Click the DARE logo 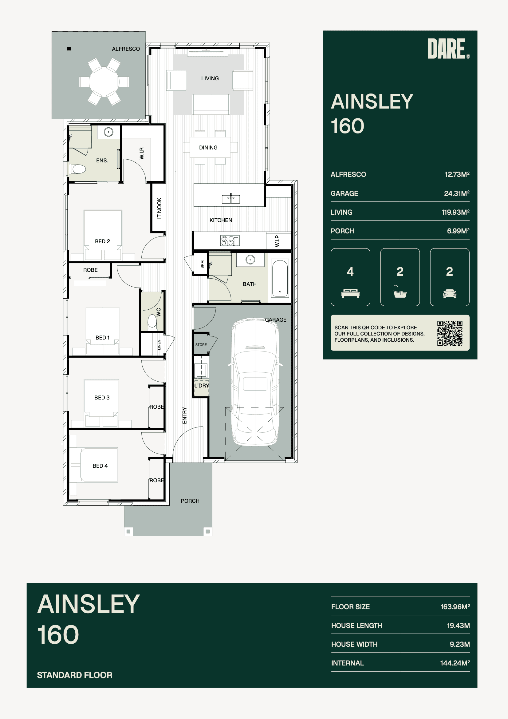tap(448, 49)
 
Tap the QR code tap(450, 333)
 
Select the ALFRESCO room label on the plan tap(126, 49)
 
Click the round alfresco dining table tap(104, 81)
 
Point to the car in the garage tap(255, 382)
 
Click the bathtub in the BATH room tap(280, 278)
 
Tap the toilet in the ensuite tap(78, 169)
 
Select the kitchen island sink tap(231, 199)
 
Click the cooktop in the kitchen tap(230, 240)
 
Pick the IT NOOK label tap(159, 208)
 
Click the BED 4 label tap(100, 466)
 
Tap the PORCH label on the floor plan tap(190, 501)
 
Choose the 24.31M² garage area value tap(457, 193)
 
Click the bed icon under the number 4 tap(350, 293)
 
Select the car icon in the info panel tap(450, 293)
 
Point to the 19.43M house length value tap(458, 626)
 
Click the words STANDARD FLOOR tap(74, 675)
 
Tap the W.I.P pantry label tap(277, 241)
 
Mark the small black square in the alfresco tap(69, 49)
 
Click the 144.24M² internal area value tap(455, 663)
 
